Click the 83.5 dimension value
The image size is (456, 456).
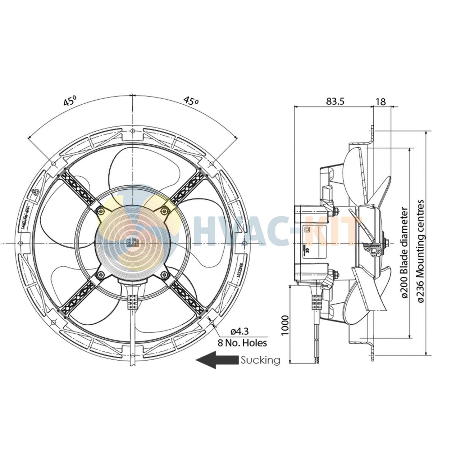[335, 101]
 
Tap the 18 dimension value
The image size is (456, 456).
[381, 101]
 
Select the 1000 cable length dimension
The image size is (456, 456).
[285, 325]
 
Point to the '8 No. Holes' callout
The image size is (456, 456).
[242, 343]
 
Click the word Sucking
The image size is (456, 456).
[260, 360]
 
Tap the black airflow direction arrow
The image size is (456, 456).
[216, 360]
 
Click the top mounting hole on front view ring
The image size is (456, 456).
[132, 131]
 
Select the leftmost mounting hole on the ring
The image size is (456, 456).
[20, 243]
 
